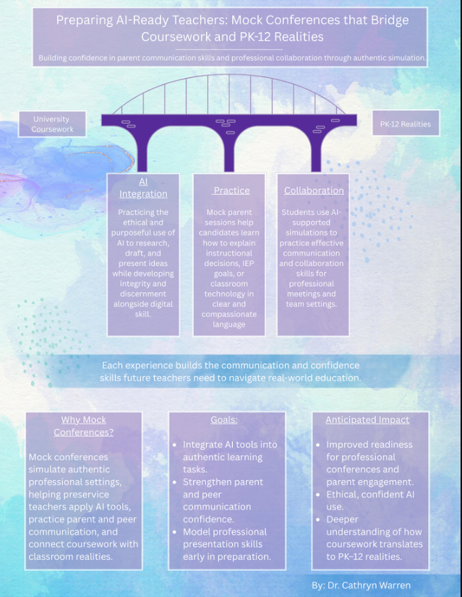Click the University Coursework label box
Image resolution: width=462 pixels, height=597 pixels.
[52, 124]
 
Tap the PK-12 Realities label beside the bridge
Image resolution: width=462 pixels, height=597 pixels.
[405, 124]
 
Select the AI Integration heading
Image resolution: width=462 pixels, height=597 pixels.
[143, 188]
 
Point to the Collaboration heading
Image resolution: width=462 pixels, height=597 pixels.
[314, 191]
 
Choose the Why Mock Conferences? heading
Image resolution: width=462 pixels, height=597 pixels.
[84, 426]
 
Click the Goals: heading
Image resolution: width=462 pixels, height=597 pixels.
[223, 419]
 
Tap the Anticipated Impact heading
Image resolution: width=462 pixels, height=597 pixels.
[367, 419]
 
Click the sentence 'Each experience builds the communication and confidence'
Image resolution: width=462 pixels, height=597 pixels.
[231, 365]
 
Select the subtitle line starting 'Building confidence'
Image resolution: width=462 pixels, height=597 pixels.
[232, 58]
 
